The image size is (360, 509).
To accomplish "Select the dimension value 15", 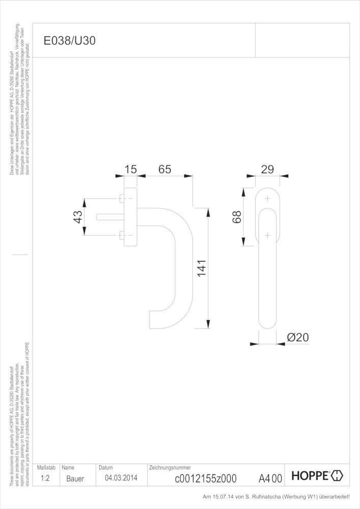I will (131, 169).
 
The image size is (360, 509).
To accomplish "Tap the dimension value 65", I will (164, 169).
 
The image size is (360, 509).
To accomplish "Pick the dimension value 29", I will (267, 169).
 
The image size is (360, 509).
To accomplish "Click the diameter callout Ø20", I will (298, 337).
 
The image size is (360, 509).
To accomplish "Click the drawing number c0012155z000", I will (205, 478).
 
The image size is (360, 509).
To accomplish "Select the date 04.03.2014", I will (121, 478).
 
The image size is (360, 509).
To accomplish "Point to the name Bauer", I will (75, 478).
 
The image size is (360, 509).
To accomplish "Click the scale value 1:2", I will (45, 478).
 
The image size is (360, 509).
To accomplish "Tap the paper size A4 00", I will (270, 478).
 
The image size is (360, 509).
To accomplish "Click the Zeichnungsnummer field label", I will (170, 467).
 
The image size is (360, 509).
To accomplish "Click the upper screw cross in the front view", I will (267, 199).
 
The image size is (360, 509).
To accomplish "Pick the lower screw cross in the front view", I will (267, 235).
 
